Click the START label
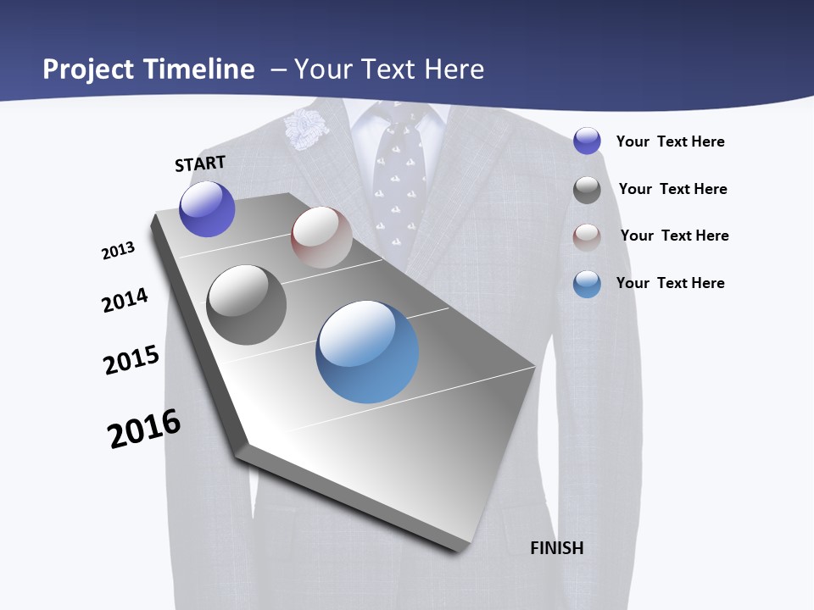pos(200,164)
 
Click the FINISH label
pos(557,548)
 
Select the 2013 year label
pos(118,251)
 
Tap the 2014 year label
pos(125,301)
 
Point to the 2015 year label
pos(131,359)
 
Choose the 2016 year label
pos(144,429)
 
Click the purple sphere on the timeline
pos(207,208)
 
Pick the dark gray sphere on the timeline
pos(246,305)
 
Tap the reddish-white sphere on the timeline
pos(321,237)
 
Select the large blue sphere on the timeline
pos(367,352)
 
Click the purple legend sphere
pos(587,141)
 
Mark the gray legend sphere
pos(587,190)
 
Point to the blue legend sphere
pos(587,284)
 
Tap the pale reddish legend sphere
pos(587,236)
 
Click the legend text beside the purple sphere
pos(670,141)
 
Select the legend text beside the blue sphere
pos(670,283)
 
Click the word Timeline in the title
pos(200,69)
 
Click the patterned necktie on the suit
pos(398,178)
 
